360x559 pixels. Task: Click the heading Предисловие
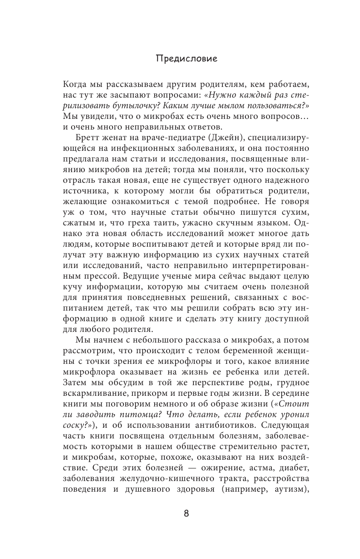[180, 58]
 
